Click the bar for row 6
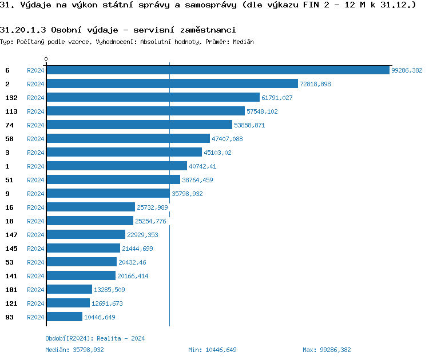pyautogui.click(x=217, y=70)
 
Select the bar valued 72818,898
pyautogui.click(x=172, y=83)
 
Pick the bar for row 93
pyautogui.click(x=64, y=317)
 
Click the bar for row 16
pyautogui.click(x=90, y=207)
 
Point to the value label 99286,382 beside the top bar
pyautogui.click(x=406, y=70)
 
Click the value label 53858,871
pyautogui.click(x=249, y=125)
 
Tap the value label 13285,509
pyautogui.click(x=109, y=290)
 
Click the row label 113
pyautogui.click(x=11, y=111)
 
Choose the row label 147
pyautogui.click(x=11, y=235)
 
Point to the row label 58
pyautogui.click(x=9, y=139)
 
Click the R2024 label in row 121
pyautogui.click(x=35, y=303)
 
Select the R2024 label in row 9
pyautogui.click(x=35, y=194)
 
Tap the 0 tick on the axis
pyautogui.click(x=46, y=59)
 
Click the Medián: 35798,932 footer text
pyautogui.click(x=74, y=350)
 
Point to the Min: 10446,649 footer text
pyautogui.click(x=212, y=350)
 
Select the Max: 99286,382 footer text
pyautogui.click(x=327, y=350)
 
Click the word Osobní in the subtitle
pyautogui.click(x=67, y=30)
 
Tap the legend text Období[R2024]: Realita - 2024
pyautogui.click(x=95, y=338)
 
